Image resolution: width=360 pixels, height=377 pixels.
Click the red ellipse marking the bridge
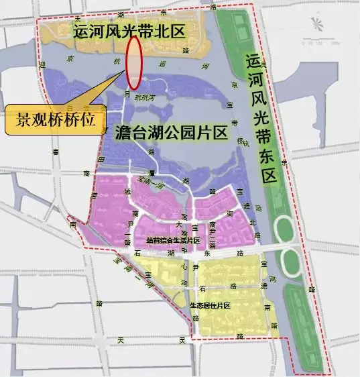tap(134, 62)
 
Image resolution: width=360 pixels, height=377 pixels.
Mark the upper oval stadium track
tap(284, 228)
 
